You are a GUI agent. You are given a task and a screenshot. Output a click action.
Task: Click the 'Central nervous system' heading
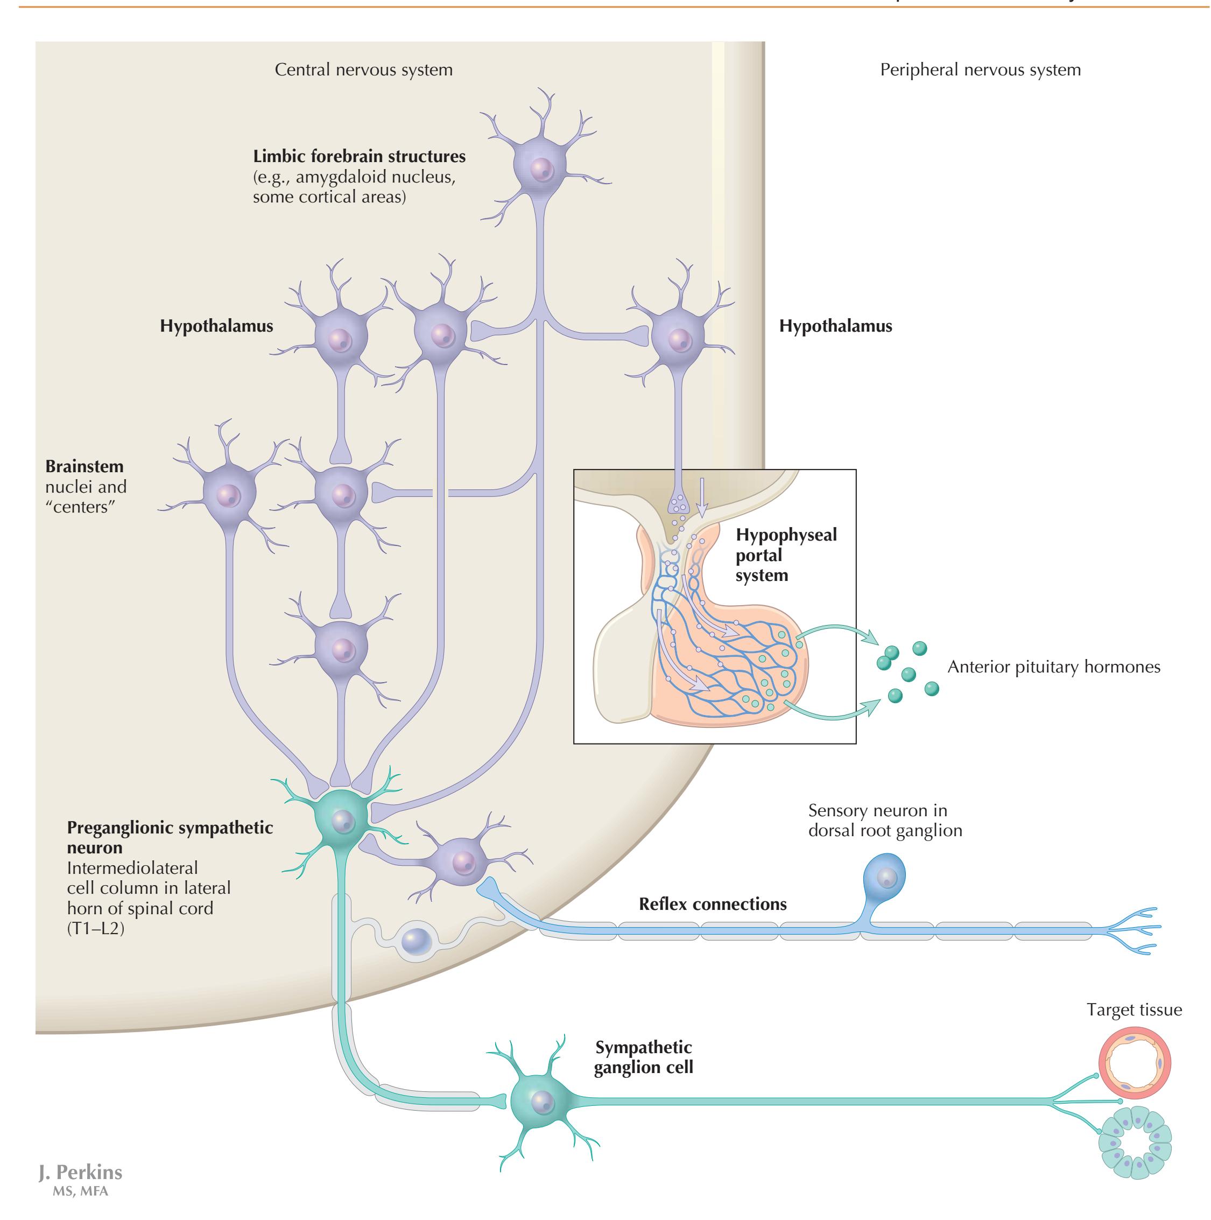(363, 69)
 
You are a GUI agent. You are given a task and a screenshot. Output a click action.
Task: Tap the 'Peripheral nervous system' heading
(980, 69)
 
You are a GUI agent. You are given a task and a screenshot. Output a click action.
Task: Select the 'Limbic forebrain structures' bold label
(359, 156)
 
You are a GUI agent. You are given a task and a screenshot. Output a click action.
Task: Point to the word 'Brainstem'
(85, 466)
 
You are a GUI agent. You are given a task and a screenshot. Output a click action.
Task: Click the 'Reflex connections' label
(712, 903)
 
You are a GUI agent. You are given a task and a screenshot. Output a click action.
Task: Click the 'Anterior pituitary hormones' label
(1053, 667)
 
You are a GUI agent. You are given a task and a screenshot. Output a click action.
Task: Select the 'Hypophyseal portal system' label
(785, 555)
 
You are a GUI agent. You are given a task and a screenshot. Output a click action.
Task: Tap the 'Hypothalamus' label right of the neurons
(835, 326)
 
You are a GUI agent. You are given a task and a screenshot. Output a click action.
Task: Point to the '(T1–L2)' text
(95, 928)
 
